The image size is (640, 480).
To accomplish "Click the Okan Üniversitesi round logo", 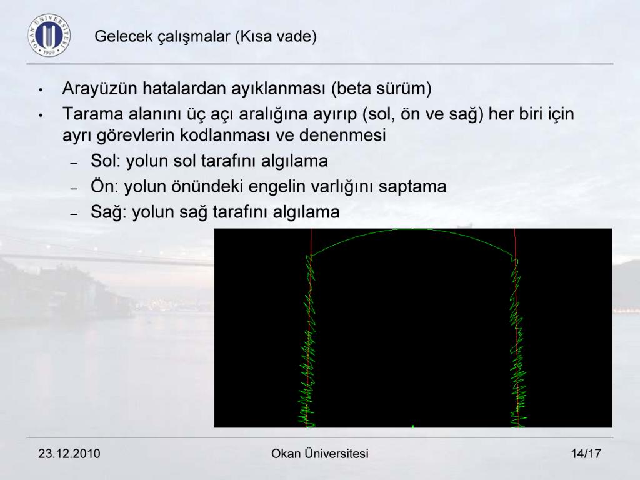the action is click(x=49, y=35).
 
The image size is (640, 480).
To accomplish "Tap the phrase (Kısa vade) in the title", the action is click(x=276, y=36).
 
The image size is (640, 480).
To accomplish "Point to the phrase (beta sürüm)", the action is click(x=382, y=89).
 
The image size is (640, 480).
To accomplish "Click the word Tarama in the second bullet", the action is click(x=92, y=114).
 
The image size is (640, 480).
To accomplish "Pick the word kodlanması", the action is click(x=225, y=135).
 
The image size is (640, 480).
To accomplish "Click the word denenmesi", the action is click(x=342, y=135).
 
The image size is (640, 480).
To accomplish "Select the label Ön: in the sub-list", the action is click(x=105, y=186).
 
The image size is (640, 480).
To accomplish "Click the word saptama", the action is click(x=412, y=187).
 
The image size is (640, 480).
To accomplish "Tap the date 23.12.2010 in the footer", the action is click(x=69, y=454).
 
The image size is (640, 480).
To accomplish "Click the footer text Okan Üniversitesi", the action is click(x=320, y=454).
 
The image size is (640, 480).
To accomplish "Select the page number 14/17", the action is click(x=586, y=454).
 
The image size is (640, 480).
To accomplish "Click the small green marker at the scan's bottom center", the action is click(x=413, y=426).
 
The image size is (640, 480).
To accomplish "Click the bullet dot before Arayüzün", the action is click(x=41, y=90).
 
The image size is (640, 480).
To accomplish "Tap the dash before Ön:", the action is click(x=74, y=189).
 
